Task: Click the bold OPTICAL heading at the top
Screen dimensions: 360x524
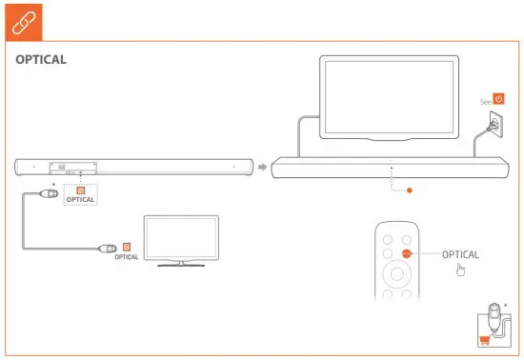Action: pyautogui.click(x=41, y=60)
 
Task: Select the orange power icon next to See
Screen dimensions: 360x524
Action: pyautogui.click(x=498, y=98)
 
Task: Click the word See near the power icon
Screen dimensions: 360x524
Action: pyautogui.click(x=485, y=99)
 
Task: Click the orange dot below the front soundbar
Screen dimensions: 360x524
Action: pyautogui.click(x=410, y=190)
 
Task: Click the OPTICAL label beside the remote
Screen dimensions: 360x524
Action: pyautogui.click(x=460, y=255)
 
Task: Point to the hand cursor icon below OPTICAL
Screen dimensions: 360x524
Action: pyautogui.click(x=461, y=271)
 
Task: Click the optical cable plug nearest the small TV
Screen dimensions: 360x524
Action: pyautogui.click(x=109, y=250)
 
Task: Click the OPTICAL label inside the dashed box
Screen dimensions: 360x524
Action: pyautogui.click(x=81, y=201)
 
